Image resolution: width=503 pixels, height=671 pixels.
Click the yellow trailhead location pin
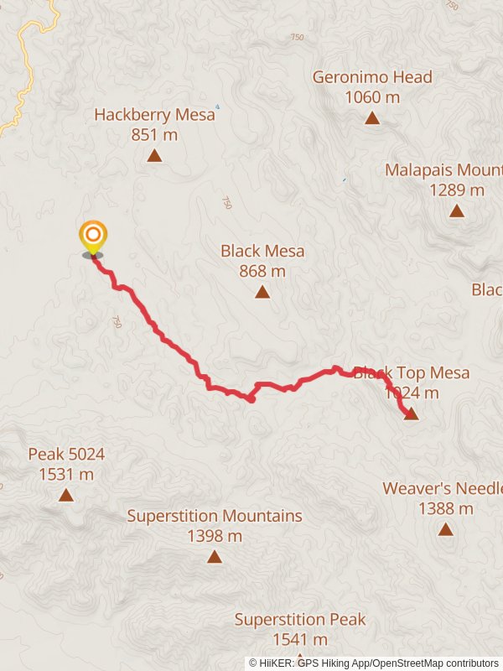click(92, 236)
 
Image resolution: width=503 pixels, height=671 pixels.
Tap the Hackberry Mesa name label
click(154, 115)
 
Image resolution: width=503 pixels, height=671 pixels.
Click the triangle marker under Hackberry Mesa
click(154, 155)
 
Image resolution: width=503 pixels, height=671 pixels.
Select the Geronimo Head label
click(372, 77)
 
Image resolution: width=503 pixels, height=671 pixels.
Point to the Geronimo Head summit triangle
click(372, 118)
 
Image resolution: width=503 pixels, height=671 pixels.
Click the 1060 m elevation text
click(372, 97)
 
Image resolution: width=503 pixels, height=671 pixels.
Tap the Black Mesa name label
click(262, 251)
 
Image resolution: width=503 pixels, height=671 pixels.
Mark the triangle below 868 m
click(262, 292)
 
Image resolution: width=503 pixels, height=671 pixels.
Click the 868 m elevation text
click(262, 271)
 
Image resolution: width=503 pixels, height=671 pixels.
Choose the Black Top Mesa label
click(412, 373)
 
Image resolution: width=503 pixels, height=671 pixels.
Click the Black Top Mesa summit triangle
click(411, 413)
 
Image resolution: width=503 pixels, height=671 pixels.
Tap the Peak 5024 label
click(66, 455)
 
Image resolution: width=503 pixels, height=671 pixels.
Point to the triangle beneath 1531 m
click(66, 495)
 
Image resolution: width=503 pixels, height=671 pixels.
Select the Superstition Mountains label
click(215, 516)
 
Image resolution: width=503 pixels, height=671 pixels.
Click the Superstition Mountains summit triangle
click(215, 556)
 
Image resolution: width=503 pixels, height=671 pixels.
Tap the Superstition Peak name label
click(300, 620)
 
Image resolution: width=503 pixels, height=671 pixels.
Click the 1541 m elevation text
click(300, 640)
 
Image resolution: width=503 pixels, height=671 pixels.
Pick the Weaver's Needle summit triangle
click(445, 529)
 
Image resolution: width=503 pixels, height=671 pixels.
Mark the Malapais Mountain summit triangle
click(456, 211)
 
